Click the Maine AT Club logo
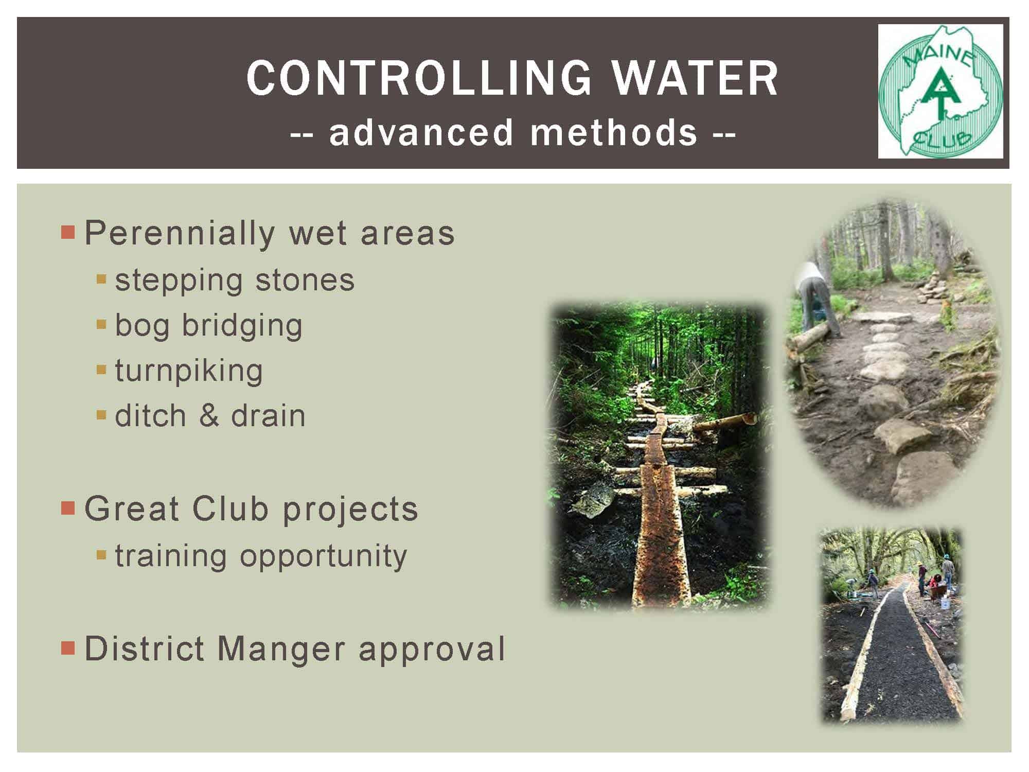click(941, 92)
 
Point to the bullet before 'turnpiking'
click(101, 370)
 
